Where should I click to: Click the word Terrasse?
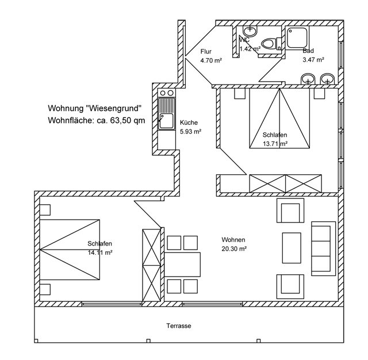[x=179, y=326]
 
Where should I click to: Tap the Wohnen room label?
[x=234, y=240]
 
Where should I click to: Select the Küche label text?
[x=189, y=122]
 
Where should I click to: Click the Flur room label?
[x=206, y=51]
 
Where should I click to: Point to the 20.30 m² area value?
[x=234, y=249]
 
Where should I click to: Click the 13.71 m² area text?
[x=275, y=144]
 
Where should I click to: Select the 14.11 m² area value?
[x=99, y=252]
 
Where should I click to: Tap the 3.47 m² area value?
[x=313, y=59]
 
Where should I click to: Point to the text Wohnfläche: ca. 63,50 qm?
[x=97, y=120]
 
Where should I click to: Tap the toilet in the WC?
[x=268, y=43]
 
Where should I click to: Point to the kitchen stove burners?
[x=167, y=93]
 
